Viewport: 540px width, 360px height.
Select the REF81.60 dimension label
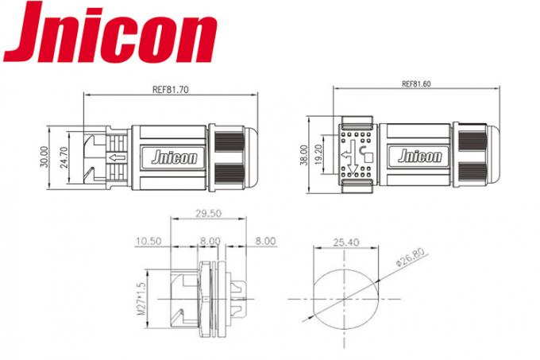click(x=416, y=83)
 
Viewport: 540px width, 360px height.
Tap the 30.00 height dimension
click(x=43, y=157)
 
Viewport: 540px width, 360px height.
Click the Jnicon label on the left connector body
click(x=168, y=157)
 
